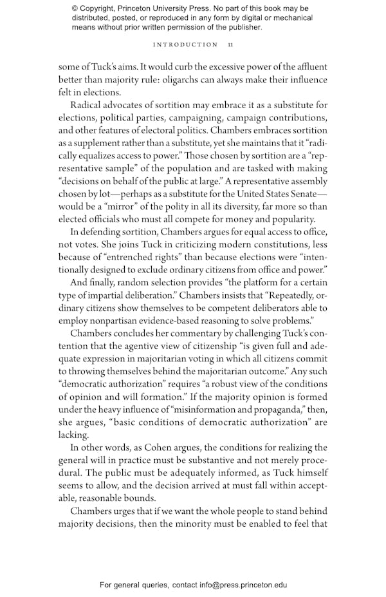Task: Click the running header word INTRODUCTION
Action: pos(185,44)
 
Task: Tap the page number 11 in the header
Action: pos(231,44)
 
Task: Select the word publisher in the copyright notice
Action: pos(241,27)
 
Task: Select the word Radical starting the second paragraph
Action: pos(88,105)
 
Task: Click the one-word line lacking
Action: pos(73,435)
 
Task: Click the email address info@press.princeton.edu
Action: pos(235,585)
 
